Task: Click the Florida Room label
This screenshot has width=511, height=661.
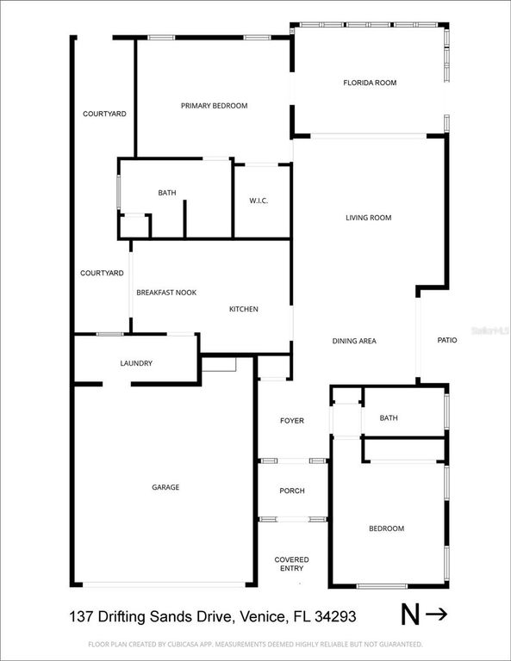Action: pyautogui.click(x=370, y=83)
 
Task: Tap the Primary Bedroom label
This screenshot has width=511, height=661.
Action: pyautogui.click(x=214, y=106)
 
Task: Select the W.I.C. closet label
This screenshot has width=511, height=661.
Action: pyautogui.click(x=259, y=201)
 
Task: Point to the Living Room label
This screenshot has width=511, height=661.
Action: pyautogui.click(x=369, y=218)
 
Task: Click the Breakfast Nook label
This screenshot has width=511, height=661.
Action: pyautogui.click(x=166, y=293)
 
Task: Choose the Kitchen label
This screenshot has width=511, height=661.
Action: pyautogui.click(x=243, y=309)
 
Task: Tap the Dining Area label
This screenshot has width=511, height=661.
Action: pyautogui.click(x=354, y=341)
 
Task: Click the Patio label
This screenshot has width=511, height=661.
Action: pyautogui.click(x=447, y=341)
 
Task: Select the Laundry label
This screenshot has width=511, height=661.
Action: pyautogui.click(x=136, y=363)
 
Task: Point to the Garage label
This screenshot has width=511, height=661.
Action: pyautogui.click(x=165, y=487)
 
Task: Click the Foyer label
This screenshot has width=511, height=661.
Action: pyautogui.click(x=292, y=420)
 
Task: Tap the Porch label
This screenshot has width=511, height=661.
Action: pyautogui.click(x=292, y=491)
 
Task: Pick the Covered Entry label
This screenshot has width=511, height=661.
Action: pyautogui.click(x=291, y=564)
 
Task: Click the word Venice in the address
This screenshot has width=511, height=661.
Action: pyautogui.click(x=262, y=616)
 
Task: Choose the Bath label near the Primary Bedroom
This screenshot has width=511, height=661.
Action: pyautogui.click(x=167, y=193)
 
